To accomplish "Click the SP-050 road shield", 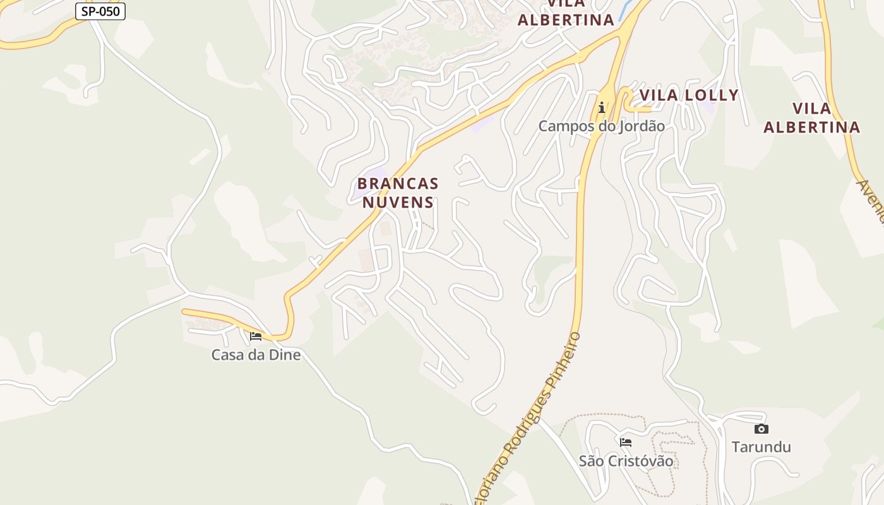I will (x=100, y=11).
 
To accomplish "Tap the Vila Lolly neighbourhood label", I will (x=689, y=95).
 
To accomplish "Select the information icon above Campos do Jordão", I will (x=602, y=107).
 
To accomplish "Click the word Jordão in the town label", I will (x=642, y=126).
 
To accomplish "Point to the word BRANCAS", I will (x=398, y=184).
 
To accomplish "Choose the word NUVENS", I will (x=398, y=203).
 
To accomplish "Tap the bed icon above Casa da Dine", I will (x=256, y=336).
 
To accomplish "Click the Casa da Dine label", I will (x=256, y=355).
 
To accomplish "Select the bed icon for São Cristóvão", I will (x=626, y=442).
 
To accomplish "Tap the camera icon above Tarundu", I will (x=762, y=429).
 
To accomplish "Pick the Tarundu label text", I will (x=761, y=448).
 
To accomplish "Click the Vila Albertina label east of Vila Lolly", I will (x=811, y=118).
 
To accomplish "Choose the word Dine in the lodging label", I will (x=285, y=355).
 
